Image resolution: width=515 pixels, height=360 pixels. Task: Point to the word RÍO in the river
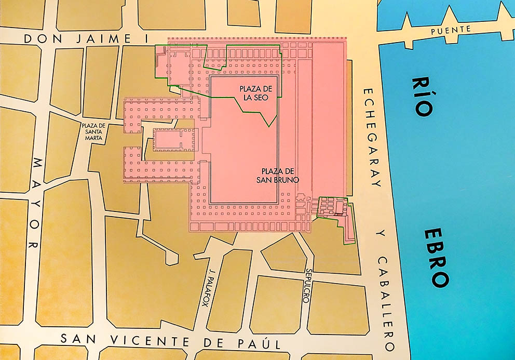(x=422, y=97)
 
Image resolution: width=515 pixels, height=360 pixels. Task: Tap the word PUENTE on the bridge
(x=451, y=30)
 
